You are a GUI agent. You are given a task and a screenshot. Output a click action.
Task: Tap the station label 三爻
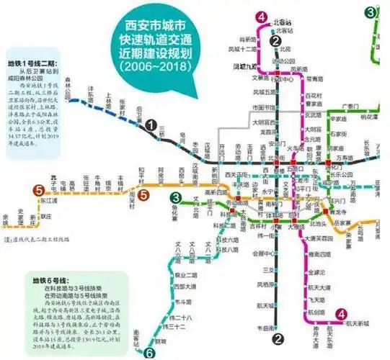coord(267,270)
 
